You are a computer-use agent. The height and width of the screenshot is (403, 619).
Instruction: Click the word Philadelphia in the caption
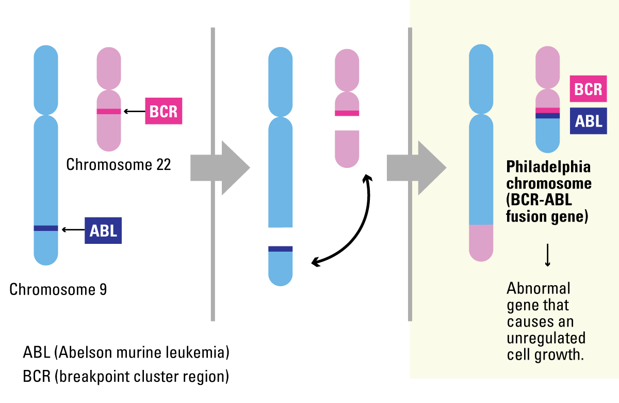[x=548, y=168]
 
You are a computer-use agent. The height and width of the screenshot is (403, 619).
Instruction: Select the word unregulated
[x=546, y=339]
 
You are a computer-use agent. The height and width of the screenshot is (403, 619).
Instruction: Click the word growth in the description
[x=561, y=355]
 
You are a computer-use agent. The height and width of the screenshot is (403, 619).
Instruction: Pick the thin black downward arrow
[x=548, y=256]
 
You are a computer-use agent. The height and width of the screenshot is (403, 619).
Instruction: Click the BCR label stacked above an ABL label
[x=588, y=89]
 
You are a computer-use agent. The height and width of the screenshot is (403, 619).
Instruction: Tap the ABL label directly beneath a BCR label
[x=588, y=121]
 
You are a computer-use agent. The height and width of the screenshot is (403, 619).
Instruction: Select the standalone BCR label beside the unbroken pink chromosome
[x=164, y=111]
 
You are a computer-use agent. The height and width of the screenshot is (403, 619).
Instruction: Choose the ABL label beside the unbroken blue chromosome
[x=103, y=230]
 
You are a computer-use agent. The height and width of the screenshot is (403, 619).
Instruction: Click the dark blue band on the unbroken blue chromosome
[x=46, y=228]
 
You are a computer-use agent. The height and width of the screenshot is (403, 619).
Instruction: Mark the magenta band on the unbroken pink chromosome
[x=109, y=111]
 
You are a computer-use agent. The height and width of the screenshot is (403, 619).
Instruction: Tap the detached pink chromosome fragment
[x=347, y=148]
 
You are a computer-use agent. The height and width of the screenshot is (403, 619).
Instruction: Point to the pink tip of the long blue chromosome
[x=481, y=243]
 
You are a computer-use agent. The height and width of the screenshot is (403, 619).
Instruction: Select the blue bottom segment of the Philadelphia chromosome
[x=548, y=135]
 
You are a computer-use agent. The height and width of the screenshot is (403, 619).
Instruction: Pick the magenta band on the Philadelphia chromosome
[x=548, y=110]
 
